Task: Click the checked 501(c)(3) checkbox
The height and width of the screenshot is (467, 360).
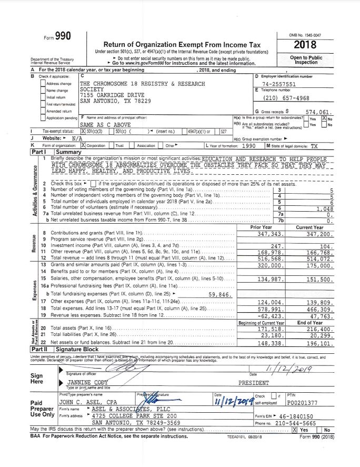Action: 84,131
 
